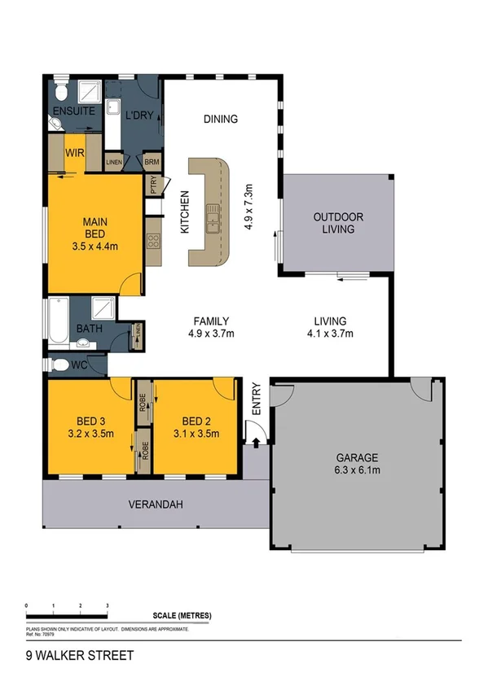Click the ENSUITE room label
coord(74,110)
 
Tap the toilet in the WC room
coord(59,365)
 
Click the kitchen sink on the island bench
coord(213,217)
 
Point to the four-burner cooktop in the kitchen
coord(152,240)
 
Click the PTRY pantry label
coord(153,186)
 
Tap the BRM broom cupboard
coord(152,162)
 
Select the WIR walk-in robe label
coord(75,151)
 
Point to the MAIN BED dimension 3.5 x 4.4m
coord(95,244)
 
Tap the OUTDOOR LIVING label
coord(337,223)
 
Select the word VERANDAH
coord(155,504)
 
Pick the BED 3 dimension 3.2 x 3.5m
coord(91,433)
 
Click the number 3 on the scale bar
coord(107,606)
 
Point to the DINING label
coord(220,119)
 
